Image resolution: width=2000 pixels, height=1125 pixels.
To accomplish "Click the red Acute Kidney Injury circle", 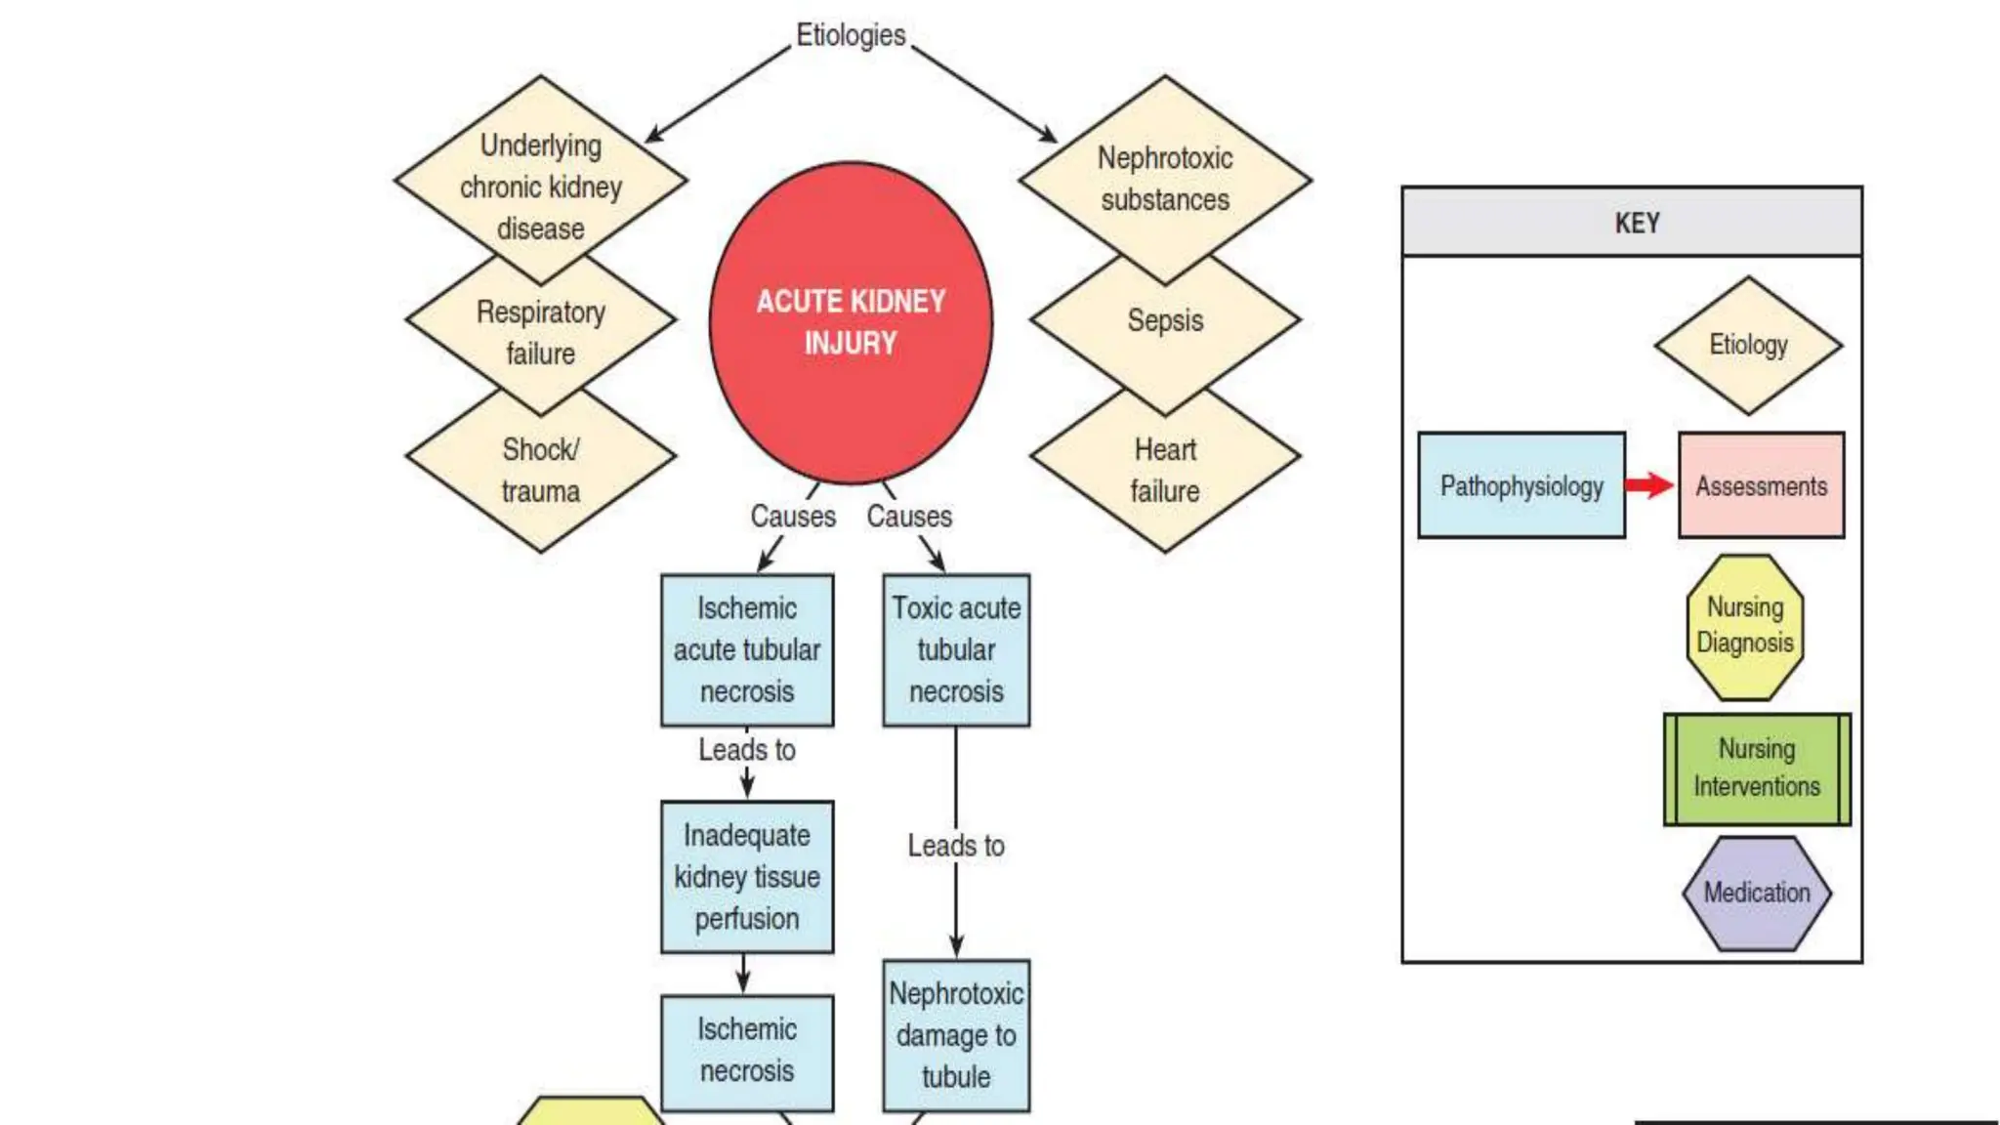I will tap(851, 322).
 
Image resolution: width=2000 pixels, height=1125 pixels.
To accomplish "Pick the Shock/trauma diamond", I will tap(540, 471).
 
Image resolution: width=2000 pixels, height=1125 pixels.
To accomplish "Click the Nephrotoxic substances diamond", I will tap(1164, 178).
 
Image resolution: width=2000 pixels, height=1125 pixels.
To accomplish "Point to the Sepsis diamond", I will tap(1164, 320).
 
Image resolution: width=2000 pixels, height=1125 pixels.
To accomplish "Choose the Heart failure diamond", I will tap(1164, 471).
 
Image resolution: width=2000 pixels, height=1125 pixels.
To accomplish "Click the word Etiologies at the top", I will tap(851, 35).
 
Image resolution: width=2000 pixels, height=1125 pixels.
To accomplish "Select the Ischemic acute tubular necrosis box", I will tap(747, 649).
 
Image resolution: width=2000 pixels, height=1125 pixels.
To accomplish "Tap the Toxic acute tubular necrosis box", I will tap(956, 649).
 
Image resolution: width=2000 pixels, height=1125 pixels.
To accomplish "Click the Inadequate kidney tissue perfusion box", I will tap(747, 876).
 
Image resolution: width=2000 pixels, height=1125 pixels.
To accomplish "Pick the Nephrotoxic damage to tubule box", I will tap(956, 1035).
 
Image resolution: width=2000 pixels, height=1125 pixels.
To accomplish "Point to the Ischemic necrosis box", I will tap(747, 1051).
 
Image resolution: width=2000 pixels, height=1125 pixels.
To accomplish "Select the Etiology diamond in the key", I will tap(1748, 345).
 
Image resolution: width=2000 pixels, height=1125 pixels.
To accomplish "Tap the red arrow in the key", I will tap(1650, 485).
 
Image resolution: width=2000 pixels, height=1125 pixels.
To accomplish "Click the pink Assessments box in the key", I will tap(1761, 485).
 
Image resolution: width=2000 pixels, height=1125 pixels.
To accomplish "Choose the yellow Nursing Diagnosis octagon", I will tap(1744, 626).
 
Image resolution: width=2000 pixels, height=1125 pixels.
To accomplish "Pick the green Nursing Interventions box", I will tap(1756, 769).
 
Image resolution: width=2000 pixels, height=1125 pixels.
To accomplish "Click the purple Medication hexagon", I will tap(1756, 893).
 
